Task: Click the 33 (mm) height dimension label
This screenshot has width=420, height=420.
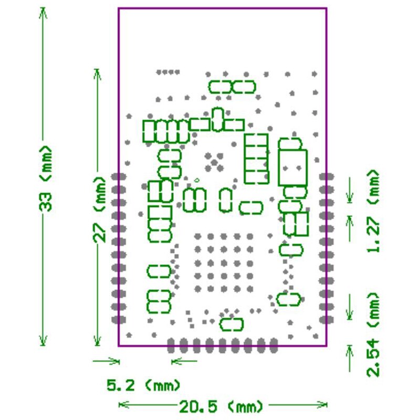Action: tap(46, 179)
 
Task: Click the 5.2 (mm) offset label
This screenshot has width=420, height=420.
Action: tap(143, 386)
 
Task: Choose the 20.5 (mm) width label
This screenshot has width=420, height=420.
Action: tap(221, 406)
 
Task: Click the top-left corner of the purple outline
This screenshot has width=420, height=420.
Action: tap(119, 8)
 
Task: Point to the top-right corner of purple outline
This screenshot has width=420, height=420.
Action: tap(326, 8)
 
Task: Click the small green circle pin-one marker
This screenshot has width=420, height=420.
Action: tap(197, 181)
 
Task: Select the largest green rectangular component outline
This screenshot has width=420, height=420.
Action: tap(292, 167)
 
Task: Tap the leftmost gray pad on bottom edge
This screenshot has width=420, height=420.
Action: tap(171, 345)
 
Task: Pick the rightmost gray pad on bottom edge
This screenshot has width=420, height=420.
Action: tap(274, 345)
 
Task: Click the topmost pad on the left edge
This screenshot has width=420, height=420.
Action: tap(119, 176)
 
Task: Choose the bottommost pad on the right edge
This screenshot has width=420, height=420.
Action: tap(327, 319)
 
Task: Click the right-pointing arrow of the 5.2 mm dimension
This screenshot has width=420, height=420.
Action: tap(113, 361)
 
